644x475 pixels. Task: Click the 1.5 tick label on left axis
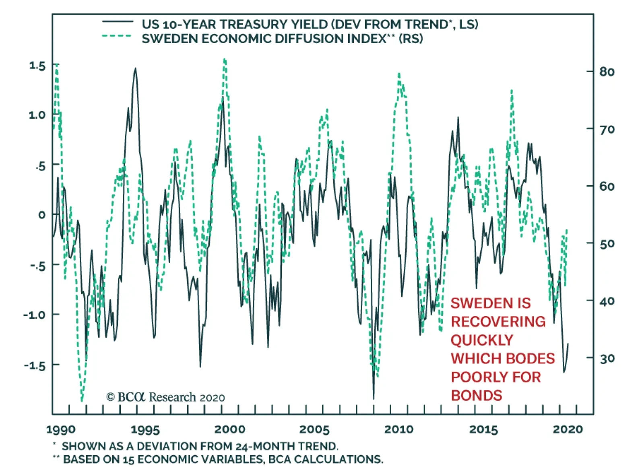[x=37, y=66]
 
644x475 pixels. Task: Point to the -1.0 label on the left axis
[x=35, y=315]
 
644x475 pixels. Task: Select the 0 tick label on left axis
[x=42, y=215]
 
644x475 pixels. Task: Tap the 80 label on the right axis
[x=607, y=72]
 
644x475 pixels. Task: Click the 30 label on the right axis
[x=607, y=358]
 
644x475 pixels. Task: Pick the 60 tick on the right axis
[x=607, y=187]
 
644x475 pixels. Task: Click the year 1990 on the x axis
[x=61, y=429]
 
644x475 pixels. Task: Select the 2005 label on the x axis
[x=314, y=429]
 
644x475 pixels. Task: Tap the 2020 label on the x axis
[x=568, y=429]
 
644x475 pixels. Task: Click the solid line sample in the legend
[x=117, y=21]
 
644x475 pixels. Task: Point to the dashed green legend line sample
[x=117, y=36]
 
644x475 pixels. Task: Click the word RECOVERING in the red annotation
[x=498, y=322]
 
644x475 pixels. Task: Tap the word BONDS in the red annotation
[x=477, y=396]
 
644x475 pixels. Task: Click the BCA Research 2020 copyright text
[x=165, y=398]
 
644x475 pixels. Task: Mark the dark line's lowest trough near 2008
[x=374, y=398]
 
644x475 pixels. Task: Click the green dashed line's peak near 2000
[x=225, y=59]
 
